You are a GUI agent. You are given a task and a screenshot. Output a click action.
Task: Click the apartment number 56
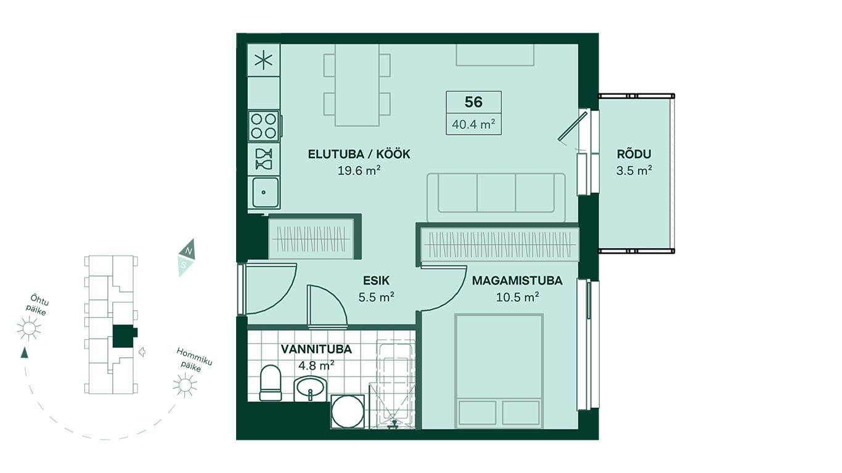click(473, 102)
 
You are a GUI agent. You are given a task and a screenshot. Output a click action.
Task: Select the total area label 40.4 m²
click(473, 124)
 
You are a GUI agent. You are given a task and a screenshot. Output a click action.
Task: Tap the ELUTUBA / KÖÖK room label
click(359, 154)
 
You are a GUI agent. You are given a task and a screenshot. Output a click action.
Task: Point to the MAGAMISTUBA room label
click(517, 281)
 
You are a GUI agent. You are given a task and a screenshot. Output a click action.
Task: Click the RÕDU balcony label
click(634, 154)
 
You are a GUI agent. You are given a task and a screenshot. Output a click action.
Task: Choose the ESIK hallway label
click(376, 281)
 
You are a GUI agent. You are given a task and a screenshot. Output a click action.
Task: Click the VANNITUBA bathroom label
click(316, 349)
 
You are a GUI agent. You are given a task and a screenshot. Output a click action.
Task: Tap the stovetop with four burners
click(263, 126)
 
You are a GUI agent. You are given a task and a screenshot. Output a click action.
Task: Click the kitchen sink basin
click(265, 192)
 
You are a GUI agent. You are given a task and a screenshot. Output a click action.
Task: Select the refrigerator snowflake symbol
click(263, 60)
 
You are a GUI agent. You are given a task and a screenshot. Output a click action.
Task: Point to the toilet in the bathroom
click(270, 383)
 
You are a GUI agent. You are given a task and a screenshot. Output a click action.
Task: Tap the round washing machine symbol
click(348, 412)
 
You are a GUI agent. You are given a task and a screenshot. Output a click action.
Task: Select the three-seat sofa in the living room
click(496, 198)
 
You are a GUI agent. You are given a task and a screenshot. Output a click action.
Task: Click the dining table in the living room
click(357, 85)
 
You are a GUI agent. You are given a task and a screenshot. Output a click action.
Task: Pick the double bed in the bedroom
click(499, 371)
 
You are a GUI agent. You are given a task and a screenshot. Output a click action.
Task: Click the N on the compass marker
click(189, 251)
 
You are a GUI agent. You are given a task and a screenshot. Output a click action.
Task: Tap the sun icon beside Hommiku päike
click(185, 386)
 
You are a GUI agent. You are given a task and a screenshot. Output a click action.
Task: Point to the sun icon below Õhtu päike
click(29, 329)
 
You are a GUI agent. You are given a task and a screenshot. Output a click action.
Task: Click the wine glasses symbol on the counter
click(263, 159)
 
